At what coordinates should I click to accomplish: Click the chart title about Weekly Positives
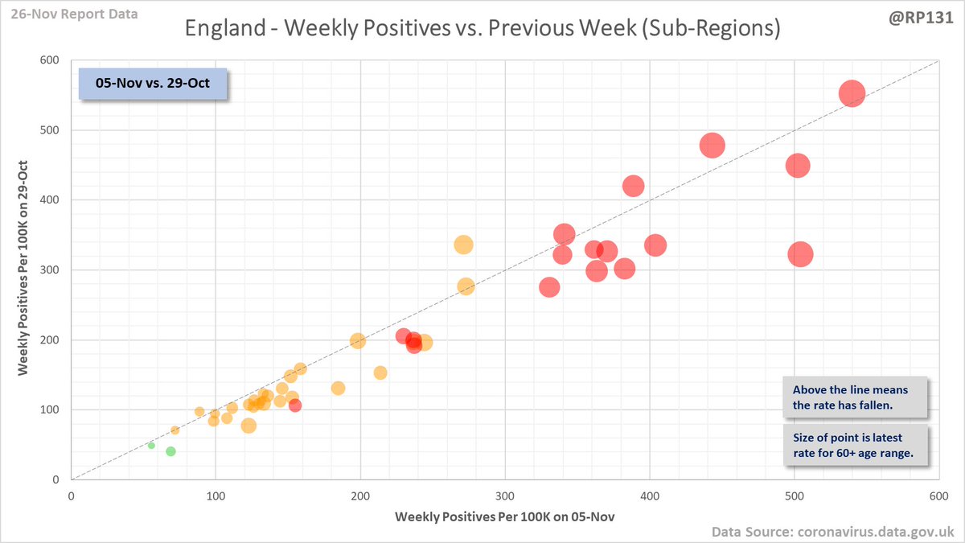click(x=482, y=30)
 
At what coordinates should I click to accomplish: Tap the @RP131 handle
click(x=925, y=15)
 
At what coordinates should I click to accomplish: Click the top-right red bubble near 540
click(x=852, y=93)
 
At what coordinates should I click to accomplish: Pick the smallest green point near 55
click(x=151, y=445)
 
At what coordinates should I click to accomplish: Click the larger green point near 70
click(x=170, y=451)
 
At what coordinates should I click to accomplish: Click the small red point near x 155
click(x=295, y=405)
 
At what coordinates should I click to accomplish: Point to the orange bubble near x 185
click(x=338, y=388)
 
